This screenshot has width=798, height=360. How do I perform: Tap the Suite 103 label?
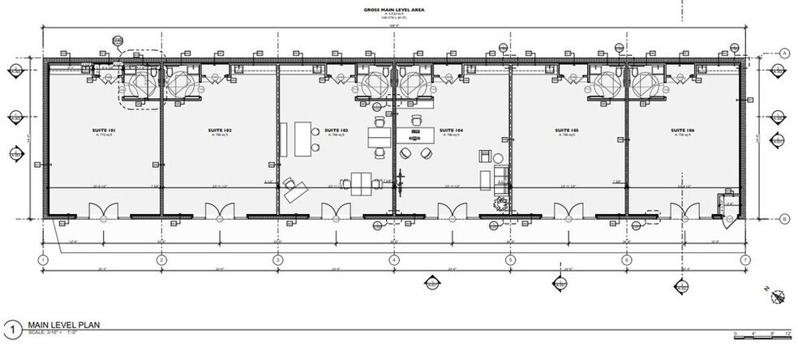tap(336, 130)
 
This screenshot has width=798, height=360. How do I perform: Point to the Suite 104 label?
tap(451, 130)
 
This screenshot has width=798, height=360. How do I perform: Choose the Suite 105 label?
tap(566, 130)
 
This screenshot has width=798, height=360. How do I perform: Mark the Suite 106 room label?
tap(682, 130)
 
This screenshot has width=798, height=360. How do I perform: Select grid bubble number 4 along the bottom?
tap(394, 259)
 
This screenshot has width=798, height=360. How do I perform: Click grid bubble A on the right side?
tap(785, 53)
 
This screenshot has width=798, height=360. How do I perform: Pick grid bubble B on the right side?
tap(785, 219)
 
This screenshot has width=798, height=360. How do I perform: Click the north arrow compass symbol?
tap(778, 298)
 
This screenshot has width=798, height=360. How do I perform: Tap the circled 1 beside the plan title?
tap(11, 328)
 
